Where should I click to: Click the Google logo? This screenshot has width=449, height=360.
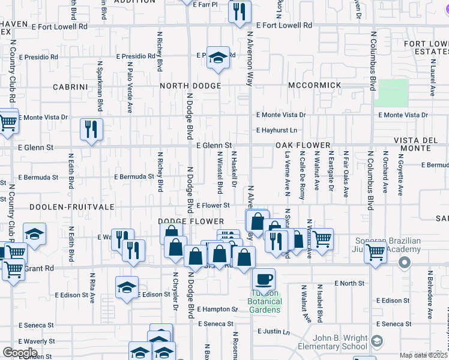(19, 353)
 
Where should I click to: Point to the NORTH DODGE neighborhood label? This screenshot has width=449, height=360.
(190, 86)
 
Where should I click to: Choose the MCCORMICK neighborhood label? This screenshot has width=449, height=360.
(315, 86)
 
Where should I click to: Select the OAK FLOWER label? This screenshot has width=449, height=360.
(303, 146)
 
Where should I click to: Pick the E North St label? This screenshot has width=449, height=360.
(349, 283)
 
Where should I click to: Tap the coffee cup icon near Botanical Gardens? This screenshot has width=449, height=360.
(264, 279)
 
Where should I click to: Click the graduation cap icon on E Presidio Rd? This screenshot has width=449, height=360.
(218, 58)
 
